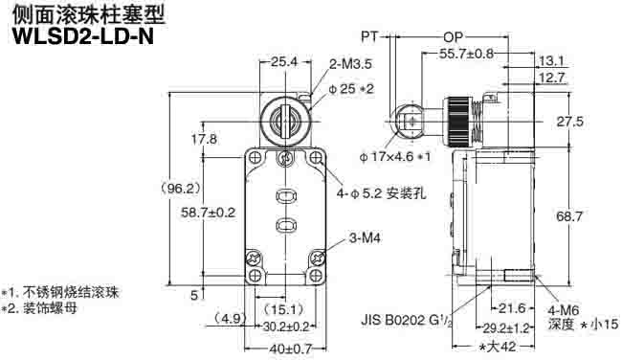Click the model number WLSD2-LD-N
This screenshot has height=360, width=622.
(80, 36)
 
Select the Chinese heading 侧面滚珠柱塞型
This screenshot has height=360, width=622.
(80, 14)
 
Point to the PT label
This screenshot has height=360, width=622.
(368, 36)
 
